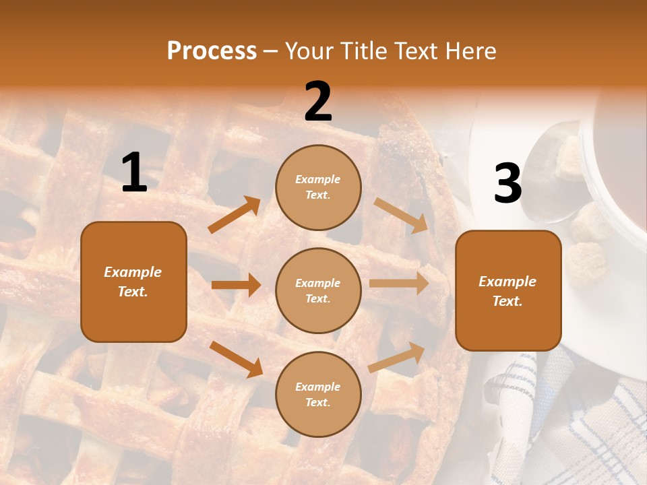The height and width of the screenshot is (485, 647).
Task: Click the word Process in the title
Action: pyautogui.click(x=212, y=51)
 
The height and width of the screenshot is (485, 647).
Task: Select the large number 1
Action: pyautogui.click(x=134, y=173)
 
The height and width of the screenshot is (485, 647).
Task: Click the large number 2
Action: pyautogui.click(x=318, y=102)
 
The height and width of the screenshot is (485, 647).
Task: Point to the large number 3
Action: pyautogui.click(x=507, y=184)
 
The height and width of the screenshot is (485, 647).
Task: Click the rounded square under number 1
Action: pyautogui.click(x=133, y=282)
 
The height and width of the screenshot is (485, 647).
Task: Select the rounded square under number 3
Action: pyautogui.click(x=508, y=290)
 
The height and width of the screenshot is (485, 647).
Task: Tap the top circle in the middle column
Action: pyautogui.click(x=318, y=187)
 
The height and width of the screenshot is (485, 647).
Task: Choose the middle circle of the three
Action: pyautogui.click(x=318, y=290)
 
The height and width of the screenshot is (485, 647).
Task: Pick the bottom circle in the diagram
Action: pyautogui.click(x=318, y=394)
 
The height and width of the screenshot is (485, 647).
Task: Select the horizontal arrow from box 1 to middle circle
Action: pyautogui.click(x=236, y=285)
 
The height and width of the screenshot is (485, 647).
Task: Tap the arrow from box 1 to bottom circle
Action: pyautogui.click(x=236, y=359)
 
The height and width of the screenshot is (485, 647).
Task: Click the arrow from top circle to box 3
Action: pyautogui.click(x=401, y=215)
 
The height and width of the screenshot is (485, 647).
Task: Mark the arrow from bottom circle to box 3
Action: pyautogui.click(x=396, y=358)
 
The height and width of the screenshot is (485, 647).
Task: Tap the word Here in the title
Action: pyautogui.click(x=472, y=51)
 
